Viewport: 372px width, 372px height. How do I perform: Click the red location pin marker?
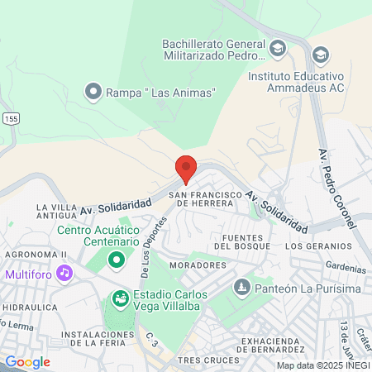click(186, 169)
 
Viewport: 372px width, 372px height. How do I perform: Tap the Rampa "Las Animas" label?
click(160, 93)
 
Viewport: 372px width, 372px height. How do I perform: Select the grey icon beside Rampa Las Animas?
click(94, 92)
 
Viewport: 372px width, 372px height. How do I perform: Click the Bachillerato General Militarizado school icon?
click(278, 47)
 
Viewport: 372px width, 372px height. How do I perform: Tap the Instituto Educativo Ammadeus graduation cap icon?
click(320, 55)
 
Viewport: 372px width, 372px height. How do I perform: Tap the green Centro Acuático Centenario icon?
click(117, 261)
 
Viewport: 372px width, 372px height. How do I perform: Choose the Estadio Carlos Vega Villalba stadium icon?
click(120, 296)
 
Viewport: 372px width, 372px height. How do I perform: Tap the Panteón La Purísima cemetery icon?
click(241, 288)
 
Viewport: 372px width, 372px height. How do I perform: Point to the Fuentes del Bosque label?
click(241, 241)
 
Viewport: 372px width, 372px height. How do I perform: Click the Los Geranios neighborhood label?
click(317, 246)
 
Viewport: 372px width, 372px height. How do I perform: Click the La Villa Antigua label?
click(60, 212)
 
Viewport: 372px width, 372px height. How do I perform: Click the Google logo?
click(27, 361)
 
